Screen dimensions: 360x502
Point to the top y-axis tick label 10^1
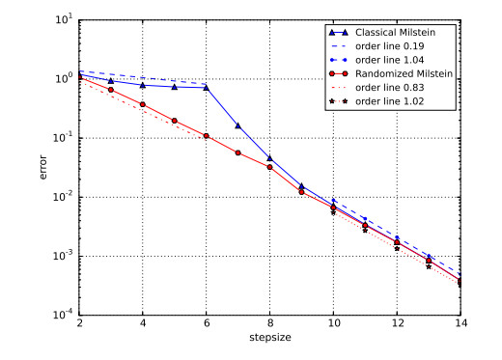[63, 19]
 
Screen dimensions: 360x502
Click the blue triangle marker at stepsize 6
[206, 88]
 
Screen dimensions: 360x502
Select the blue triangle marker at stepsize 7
[237, 125]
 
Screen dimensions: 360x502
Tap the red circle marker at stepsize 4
[143, 104]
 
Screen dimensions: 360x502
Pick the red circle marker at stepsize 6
[206, 136]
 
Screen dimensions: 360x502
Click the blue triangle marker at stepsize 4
[143, 85]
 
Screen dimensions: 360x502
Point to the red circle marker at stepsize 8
[269, 166]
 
